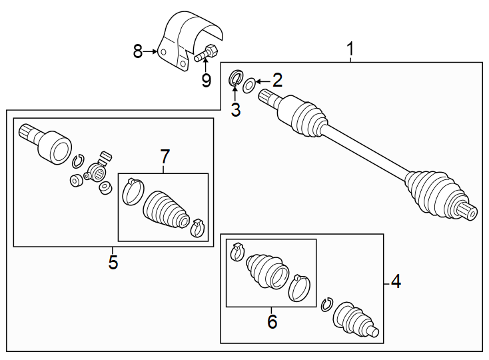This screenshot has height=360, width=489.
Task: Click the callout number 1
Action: pyautogui.click(x=350, y=49)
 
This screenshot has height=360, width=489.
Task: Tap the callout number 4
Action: pyautogui.click(x=396, y=282)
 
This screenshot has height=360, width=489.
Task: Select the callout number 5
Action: pyautogui.click(x=113, y=262)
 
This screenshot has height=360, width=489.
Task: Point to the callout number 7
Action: pyautogui.click(x=165, y=157)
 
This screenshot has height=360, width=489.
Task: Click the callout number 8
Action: pyautogui.click(x=138, y=51)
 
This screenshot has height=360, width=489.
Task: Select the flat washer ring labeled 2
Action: pyautogui.click(x=248, y=85)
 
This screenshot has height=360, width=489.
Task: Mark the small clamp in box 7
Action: pyautogui.click(x=197, y=226)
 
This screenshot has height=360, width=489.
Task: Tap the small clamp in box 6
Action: pyautogui.click(x=236, y=253)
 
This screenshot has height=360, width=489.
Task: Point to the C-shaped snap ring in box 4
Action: pyautogui.click(x=326, y=304)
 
